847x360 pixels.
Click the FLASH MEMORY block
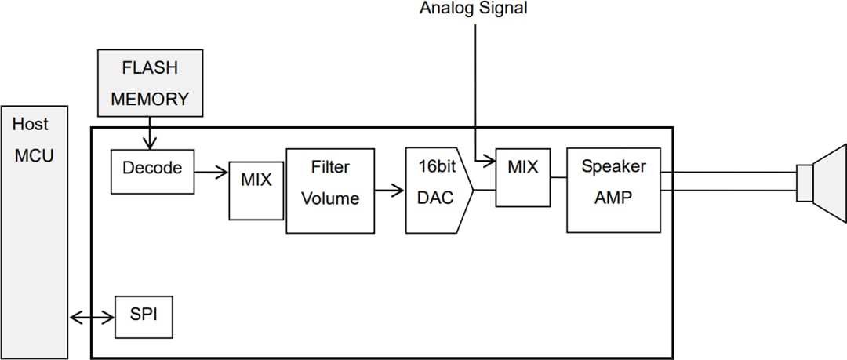149,84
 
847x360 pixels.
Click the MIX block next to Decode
256,191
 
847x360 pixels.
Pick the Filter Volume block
330,190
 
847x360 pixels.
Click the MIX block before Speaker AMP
522,178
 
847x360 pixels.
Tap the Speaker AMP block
613,190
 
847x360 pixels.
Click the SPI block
144,317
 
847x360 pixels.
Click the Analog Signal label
473,9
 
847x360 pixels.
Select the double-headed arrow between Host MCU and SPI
93,317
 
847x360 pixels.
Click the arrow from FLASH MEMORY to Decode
149,134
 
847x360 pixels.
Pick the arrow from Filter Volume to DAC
390,190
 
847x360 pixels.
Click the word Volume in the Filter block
330,199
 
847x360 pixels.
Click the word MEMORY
150,100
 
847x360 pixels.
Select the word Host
30,124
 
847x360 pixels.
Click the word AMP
613,198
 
